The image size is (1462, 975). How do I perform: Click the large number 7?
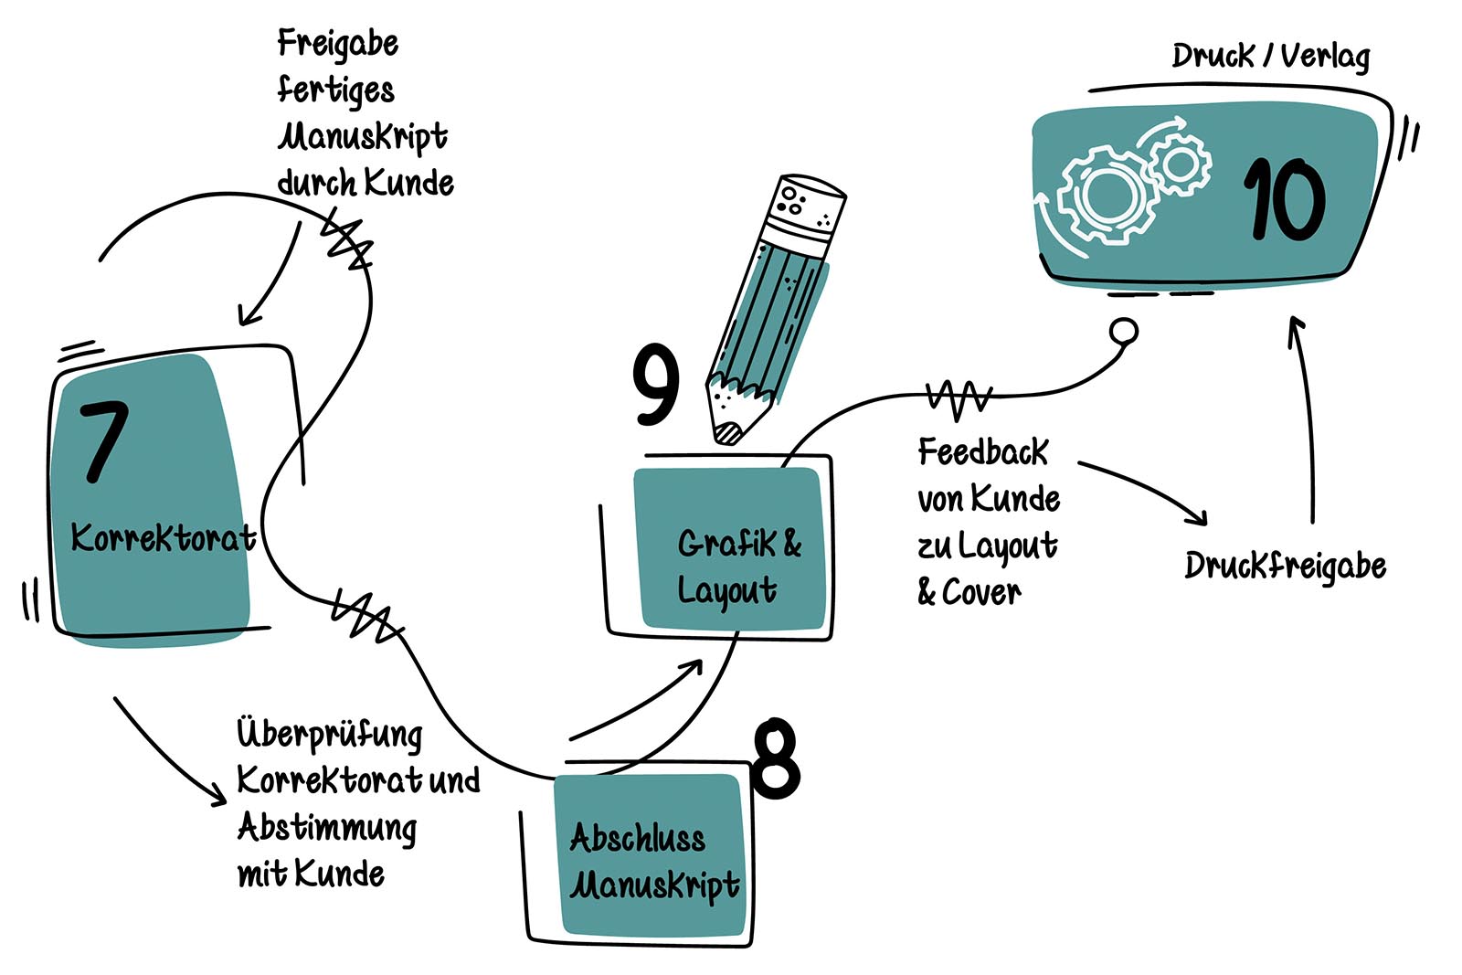click(103, 442)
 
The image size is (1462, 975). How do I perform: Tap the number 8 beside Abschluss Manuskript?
click(776, 758)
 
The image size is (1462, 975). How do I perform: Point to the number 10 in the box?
click(1283, 200)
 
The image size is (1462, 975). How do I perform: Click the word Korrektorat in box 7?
click(163, 537)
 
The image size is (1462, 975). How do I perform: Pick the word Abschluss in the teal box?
click(637, 838)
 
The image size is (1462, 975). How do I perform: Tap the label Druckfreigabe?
click(1285, 567)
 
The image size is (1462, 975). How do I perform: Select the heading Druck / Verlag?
click(1271, 57)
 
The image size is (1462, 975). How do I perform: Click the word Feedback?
click(983, 452)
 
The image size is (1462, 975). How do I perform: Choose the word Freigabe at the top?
click(338, 44)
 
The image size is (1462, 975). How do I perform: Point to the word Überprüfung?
click(330, 734)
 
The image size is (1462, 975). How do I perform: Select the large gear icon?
click(1105, 195)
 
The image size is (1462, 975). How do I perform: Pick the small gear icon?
click(1180, 164)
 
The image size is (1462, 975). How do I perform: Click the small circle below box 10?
click(1125, 331)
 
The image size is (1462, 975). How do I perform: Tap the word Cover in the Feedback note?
click(980, 592)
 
